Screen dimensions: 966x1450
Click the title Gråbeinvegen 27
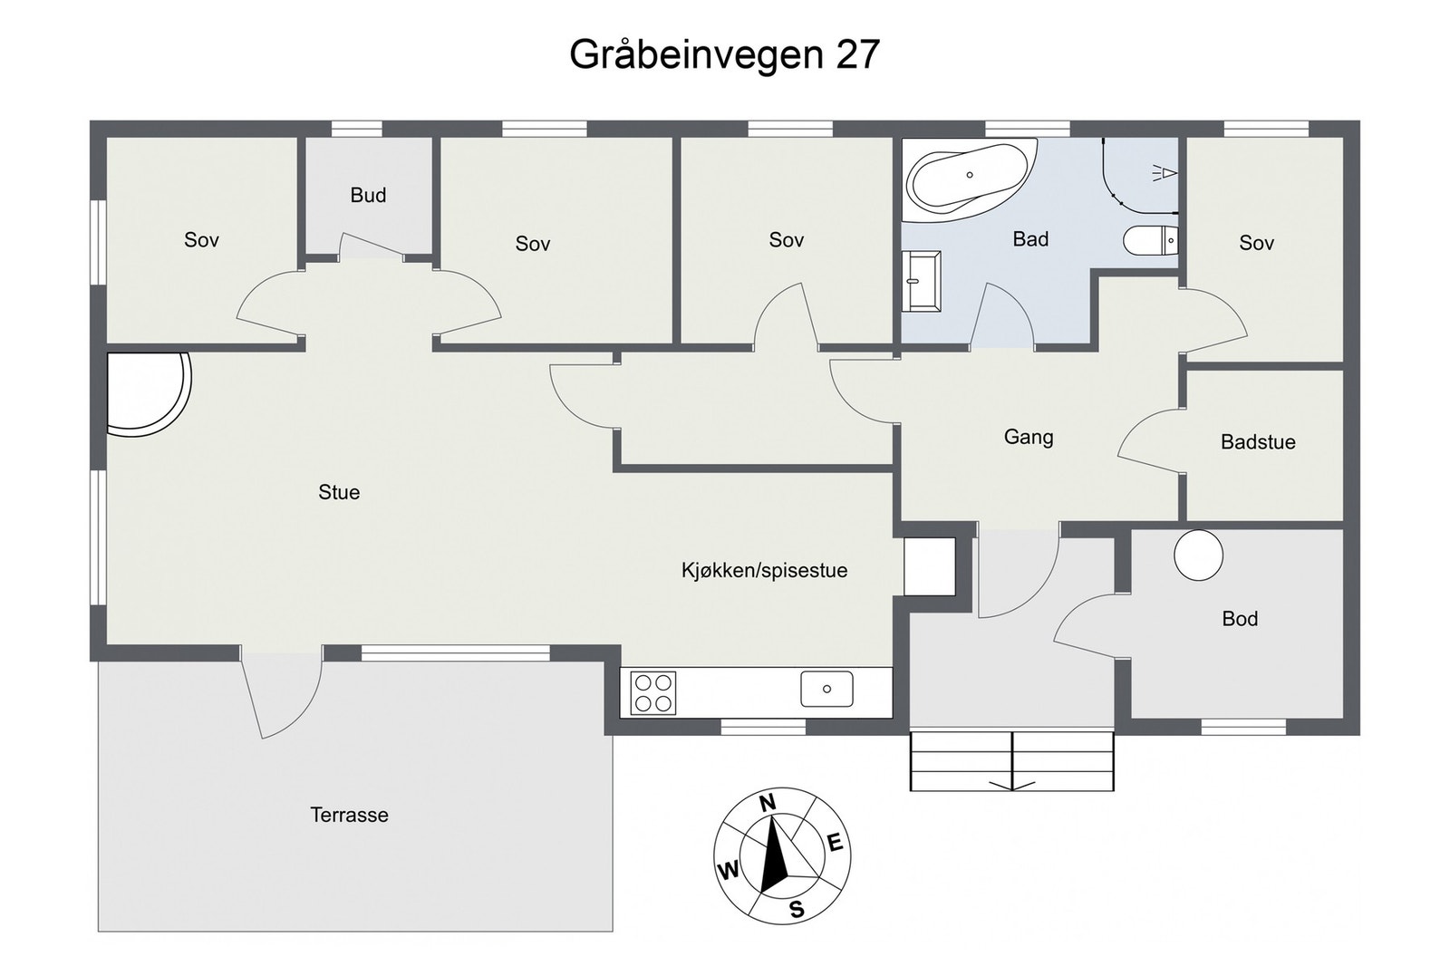click(724, 54)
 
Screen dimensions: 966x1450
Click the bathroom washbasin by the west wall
click(921, 281)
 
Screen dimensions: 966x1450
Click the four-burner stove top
click(652, 693)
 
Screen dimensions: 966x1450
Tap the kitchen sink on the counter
click(826, 690)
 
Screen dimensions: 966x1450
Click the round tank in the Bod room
click(1198, 555)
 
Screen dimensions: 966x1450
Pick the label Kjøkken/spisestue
click(764, 570)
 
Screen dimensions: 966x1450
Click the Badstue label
click(1257, 442)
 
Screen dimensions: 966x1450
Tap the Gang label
click(1028, 437)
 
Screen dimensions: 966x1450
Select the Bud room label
click(368, 195)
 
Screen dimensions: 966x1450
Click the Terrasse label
click(349, 815)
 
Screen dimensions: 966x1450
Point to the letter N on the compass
click(768, 803)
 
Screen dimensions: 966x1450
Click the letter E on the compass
click(835, 844)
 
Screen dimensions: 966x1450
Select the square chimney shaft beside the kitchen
click(930, 566)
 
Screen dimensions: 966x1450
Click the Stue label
click(339, 492)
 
